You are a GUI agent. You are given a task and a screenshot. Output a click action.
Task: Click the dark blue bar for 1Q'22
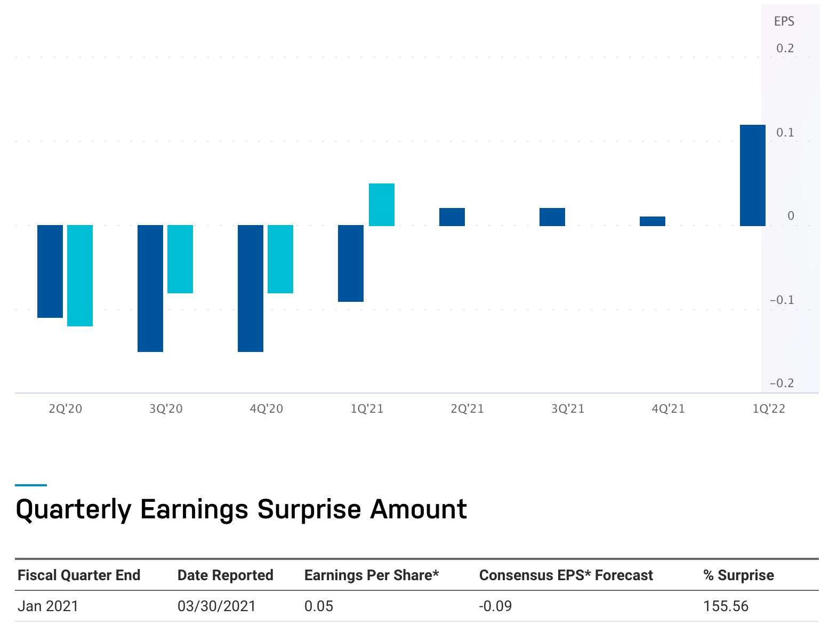pyautogui.click(x=752, y=175)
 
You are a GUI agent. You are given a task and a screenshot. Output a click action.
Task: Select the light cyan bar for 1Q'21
pyautogui.click(x=381, y=205)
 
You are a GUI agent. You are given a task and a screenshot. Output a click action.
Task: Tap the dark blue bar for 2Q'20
pyautogui.click(x=50, y=271)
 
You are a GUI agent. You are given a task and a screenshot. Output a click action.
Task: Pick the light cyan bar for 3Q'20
pyautogui.click(x=180, y=259)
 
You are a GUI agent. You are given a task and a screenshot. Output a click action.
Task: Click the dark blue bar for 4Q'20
pyautogui.click(x=251, y=289)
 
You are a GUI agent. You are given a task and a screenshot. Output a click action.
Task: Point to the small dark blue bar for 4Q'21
pyautogui.click(x=653, y=221)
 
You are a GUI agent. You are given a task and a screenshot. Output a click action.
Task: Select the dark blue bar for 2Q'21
pyautogui.click(x=452, y=217)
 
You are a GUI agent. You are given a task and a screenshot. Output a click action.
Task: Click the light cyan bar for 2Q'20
pyautogui.click(x=79, y=276)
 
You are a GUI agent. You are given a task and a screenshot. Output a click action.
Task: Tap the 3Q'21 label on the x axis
pyautogui.click(x=568, y=409)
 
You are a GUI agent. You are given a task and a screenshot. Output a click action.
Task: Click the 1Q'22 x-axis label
pyautogui.click(x=769, y=409)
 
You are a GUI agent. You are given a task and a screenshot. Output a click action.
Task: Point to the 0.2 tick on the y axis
pyautogui.click(x=785, y=48)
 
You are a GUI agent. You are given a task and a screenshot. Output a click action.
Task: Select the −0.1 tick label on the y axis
pyautogui.click(x=782, y=300)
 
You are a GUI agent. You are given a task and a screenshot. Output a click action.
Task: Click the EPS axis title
pyautogui.click(x=784, y=21)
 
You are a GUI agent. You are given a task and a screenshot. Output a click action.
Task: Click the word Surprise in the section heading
pyautogui.click(x=309, y=509)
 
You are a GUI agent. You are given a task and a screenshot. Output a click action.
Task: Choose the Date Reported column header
pyautogui.click(x=226, y=575)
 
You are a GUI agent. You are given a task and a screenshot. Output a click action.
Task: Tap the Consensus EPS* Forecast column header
pyautogui.click(x=566, y=575)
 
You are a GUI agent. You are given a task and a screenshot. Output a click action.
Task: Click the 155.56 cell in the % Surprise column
pyautogui.click(x=726, y=606)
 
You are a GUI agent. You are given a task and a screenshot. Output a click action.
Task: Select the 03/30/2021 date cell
pyautogui.click(x=216, y=606)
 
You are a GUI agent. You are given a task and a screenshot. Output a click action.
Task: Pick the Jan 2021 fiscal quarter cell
pyautogui.click(x=48, y=606)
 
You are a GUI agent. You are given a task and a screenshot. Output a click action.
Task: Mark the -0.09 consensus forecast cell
pyautogui.click(x=495, y=606)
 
